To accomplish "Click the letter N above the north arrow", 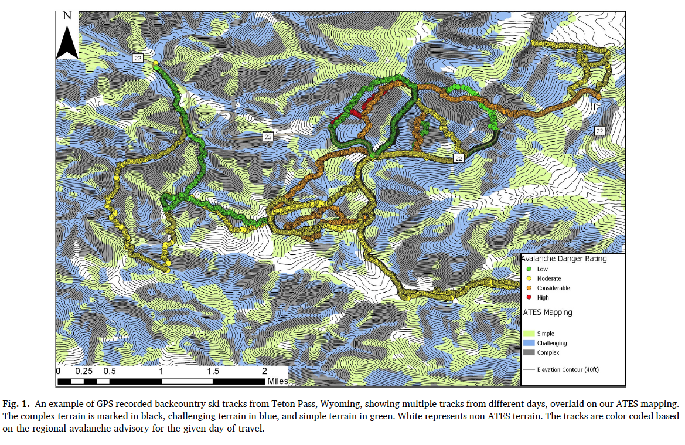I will pos(67,17).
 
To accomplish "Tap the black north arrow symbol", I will pos(67,42).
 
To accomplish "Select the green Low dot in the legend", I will pos(529,269).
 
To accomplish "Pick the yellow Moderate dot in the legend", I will pos(529,278).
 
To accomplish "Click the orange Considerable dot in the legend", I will pos(529,288).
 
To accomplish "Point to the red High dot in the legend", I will pos(529,297).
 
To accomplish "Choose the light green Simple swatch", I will pos(529,334).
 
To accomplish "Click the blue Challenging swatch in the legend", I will pos(529,343).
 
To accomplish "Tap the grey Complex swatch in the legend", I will pos(529,352).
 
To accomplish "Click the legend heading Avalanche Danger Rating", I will pos(564,259).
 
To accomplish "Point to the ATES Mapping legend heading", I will pos(547,312).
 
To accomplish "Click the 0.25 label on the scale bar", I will pos(83,372).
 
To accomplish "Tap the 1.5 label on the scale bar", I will pos(213,372).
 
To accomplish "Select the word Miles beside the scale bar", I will pos(278,382).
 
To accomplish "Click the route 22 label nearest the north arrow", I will pos(138,57).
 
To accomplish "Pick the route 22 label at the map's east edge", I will pos(599,130).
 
